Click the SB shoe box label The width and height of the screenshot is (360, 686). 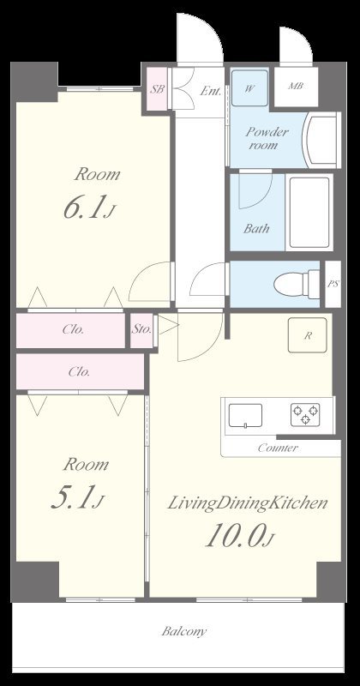click(x=158, y=89)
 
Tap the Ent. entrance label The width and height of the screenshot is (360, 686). click(x=210, y=91)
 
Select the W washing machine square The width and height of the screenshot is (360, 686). click(x=249, y=88)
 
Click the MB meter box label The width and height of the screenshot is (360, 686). click(x=296, y=86)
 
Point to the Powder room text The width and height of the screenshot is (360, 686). click(x=266, y=138)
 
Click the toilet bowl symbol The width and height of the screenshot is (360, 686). click(x=297, y=285)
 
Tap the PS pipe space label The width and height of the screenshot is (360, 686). click(x=333, y=284)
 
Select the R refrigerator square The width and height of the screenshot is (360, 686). click(x=308, y=335)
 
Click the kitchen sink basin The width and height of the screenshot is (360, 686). click(x=245, y=416)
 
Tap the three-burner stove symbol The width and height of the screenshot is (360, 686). click(x=305, y=415)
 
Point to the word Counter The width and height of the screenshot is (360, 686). click(x=278, y=448)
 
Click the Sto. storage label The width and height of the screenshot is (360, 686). click(x=141, y=329)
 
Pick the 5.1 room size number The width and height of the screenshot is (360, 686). click(x=73, y=498)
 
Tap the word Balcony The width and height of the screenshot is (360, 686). click(x=183, y=631)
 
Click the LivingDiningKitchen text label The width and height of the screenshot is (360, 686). click(x=248, y=503)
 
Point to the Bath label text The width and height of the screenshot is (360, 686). click(x=256, y=228)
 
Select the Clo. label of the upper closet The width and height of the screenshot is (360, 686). click(x=73, y=329)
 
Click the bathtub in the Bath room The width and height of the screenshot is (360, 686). click(x=309, y=212)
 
